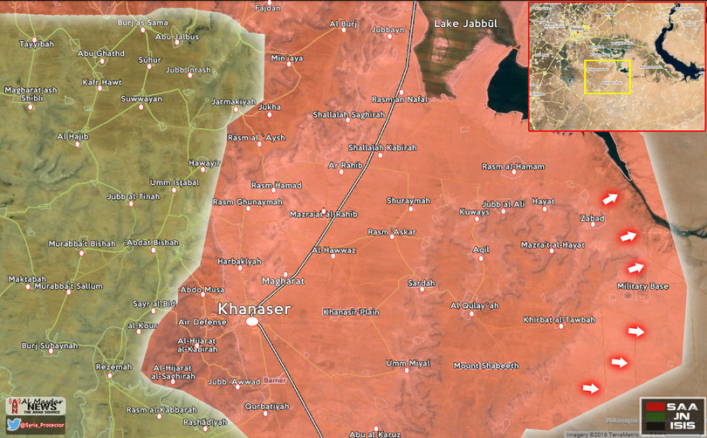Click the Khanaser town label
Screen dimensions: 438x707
click(253, 308)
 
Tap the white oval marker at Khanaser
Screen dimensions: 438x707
click(252, 322)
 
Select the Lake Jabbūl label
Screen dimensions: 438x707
click(464, 25)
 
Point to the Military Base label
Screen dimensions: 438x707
click(642, 286)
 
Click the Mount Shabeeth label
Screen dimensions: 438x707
click(486, 365)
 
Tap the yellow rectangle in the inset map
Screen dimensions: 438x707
click(607, 76)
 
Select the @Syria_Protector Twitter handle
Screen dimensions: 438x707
click(43, 424)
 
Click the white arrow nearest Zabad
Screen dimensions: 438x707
click(609, 199)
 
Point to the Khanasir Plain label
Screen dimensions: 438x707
click(351, 311)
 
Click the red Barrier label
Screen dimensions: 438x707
click(275, 380)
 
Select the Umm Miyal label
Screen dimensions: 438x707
click(408, 363)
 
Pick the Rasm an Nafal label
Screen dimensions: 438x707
click(400, 99)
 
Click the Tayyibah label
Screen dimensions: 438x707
click(36, 43)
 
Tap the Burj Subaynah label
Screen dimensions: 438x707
click(49, 346)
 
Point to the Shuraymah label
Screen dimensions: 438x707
click(408, 201)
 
